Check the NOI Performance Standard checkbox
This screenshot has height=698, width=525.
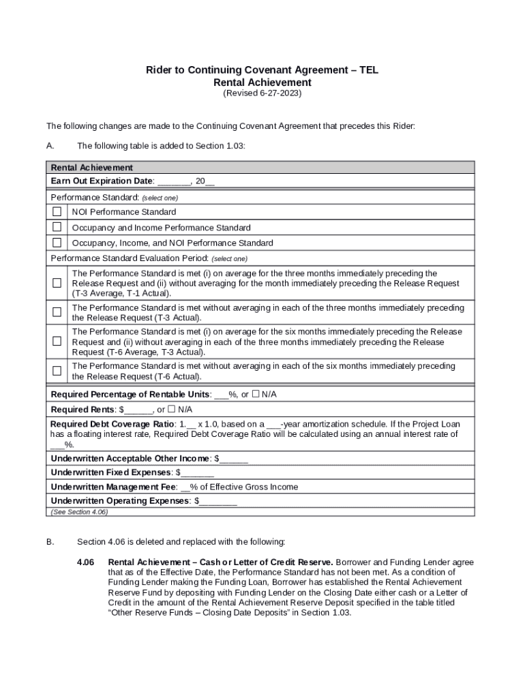coord(57,211)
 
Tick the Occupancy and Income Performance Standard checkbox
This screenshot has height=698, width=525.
coord(57,227)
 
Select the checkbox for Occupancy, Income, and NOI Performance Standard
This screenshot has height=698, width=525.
coord(57,243)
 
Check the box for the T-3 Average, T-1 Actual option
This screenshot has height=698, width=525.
coord(57,283)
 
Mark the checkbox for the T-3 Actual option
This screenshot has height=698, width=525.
coord(57,312)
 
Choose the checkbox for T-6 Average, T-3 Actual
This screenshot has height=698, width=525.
coord(57,342)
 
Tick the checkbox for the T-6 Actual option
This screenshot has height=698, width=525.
coord(57,371)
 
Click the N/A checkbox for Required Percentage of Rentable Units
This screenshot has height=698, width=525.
coord(256,394)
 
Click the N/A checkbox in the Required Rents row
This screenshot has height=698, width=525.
coord(172,409)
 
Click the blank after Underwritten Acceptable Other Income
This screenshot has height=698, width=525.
coord(233,458)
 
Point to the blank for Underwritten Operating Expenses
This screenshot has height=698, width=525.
coord(218,501)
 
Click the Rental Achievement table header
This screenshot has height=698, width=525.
coord(92,167)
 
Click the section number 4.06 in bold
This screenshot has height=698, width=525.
coord(85,562)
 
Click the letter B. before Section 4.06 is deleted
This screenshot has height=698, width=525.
coord(50,542)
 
